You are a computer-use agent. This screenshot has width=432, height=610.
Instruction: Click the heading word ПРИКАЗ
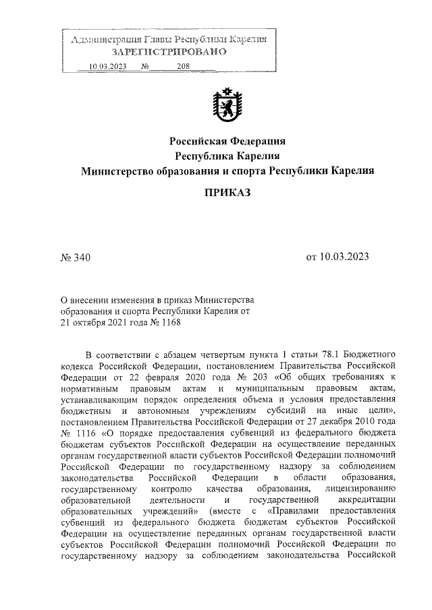(x=227, y=193)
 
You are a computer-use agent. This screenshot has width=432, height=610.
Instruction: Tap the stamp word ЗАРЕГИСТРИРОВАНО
(x=169, y=53)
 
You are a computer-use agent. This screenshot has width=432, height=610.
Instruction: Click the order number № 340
(x=75, y=257)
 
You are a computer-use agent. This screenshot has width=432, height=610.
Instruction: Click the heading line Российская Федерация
(x=227, y=142)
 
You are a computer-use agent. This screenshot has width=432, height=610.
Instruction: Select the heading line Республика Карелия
(x=227, y=156)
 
